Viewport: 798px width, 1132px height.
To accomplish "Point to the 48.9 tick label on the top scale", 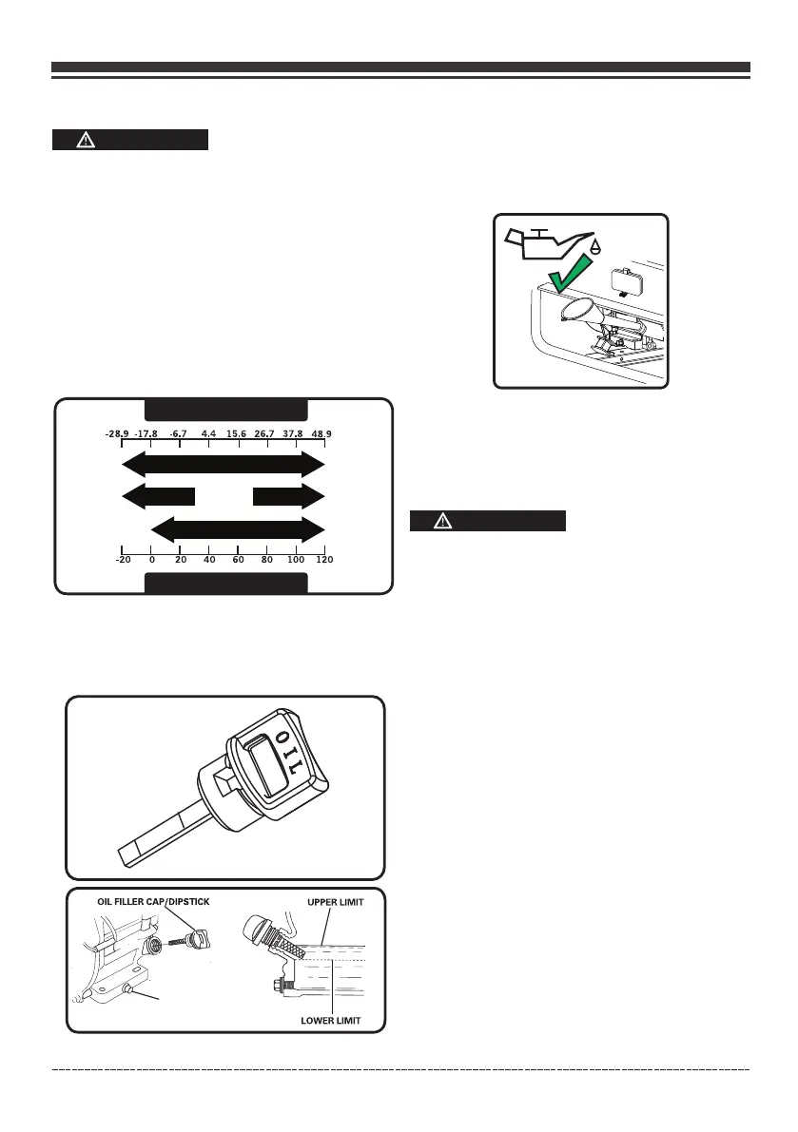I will tap(322, 434).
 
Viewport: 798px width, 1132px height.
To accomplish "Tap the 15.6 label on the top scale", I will tap(237, 434).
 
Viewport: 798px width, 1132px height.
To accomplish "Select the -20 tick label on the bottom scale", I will tap(123, 560).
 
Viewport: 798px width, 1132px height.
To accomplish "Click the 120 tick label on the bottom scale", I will tap(324, 560).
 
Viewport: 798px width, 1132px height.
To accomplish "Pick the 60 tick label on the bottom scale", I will tap(238, 560).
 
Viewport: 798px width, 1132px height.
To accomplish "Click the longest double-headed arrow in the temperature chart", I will tap(224, 465).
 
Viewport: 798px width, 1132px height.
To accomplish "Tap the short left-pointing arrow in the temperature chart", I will tap(158, 496).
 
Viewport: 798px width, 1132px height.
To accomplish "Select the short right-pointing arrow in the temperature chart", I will tap(289, 496).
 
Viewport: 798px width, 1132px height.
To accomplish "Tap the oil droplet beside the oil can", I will tap(595, 245).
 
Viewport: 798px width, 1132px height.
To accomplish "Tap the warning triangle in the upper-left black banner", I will tap(87, 140).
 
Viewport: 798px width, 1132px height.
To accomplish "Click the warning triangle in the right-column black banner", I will tap(445, 521).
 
